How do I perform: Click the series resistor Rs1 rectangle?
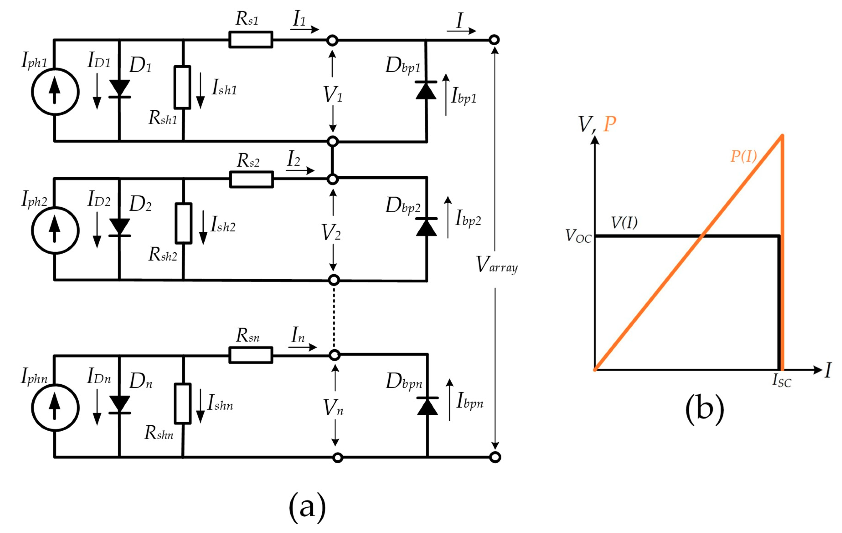[x=251, y=39]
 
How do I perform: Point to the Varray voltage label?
[x=497, y=265]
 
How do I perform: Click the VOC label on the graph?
[x=578, y=236]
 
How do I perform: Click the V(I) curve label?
[x=624, y=222]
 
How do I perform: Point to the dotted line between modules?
[x=334, y=318]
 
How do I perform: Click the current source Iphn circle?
[x=55, y=408]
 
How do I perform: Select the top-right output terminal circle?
[x=494, y=40]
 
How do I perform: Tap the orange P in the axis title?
[x=610, y=124]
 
